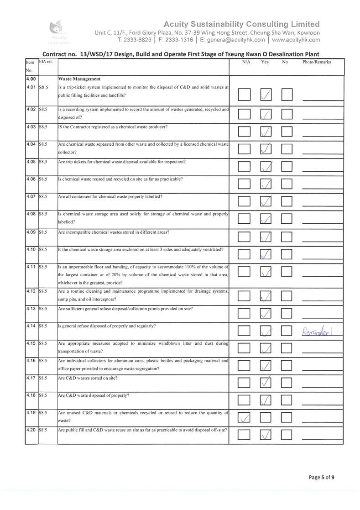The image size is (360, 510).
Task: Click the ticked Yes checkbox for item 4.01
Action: click(266, 95)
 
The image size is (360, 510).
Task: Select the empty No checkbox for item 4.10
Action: click(287, 253)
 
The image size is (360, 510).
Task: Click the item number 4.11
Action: click(31, 267)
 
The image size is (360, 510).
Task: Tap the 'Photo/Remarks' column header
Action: click(317, 62)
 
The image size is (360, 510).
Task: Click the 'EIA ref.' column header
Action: click(46, 61)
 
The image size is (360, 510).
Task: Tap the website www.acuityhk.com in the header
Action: click(296, 40)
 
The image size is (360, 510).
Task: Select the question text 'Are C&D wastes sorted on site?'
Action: click(88, 379)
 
